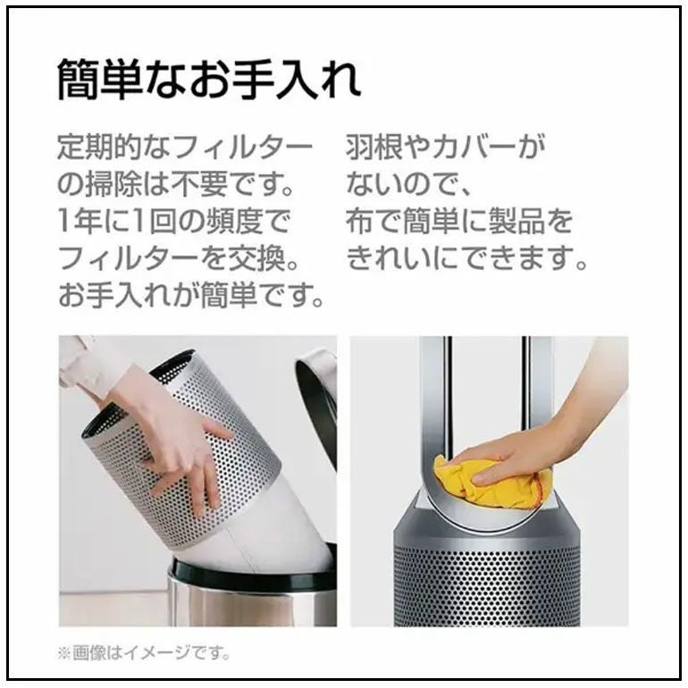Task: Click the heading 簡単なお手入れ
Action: pyautogui.click(x=210, y=80)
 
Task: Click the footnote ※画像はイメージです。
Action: pyautogui.click(x=145, y=654)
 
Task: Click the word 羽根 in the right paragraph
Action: pyautogui.click(x=373, y=148)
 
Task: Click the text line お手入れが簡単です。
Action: pyautogui.click(x=191, y=296)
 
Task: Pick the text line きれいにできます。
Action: pyautogui.click(x=467, y=259)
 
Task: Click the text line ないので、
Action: pyautogui.click(x=408, y=185)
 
